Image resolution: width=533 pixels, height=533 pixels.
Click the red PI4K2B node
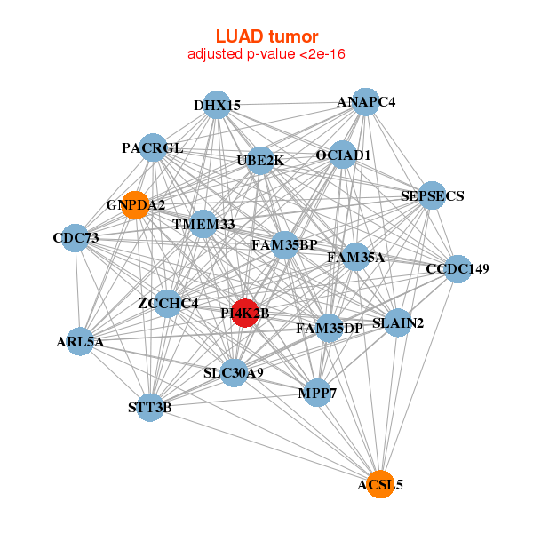click(245, 313)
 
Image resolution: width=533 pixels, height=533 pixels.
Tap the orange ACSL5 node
click(380, 484)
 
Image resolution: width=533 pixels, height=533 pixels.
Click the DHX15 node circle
click(217, 105)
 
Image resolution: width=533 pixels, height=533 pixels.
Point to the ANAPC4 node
click(365, 101)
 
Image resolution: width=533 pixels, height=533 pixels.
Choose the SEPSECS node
click(431, 195)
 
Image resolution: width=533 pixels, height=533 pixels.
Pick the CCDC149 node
click(457, 268)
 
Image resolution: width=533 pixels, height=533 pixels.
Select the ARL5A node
click(81, 340)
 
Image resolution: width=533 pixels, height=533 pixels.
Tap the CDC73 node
click(76, 238)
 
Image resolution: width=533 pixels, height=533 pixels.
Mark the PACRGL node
click(153, 147)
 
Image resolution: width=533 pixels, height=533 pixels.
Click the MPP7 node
click(317, 392)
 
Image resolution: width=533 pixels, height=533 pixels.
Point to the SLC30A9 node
click(233, 372)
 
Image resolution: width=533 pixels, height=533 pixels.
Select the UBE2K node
click(259, 160)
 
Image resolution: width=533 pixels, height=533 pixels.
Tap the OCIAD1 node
click(343, 155)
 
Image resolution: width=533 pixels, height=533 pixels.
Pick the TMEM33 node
click(203, 224)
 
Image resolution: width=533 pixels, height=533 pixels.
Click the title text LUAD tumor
click(266, 36)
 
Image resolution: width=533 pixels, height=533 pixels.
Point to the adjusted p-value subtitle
click(266, 54)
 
